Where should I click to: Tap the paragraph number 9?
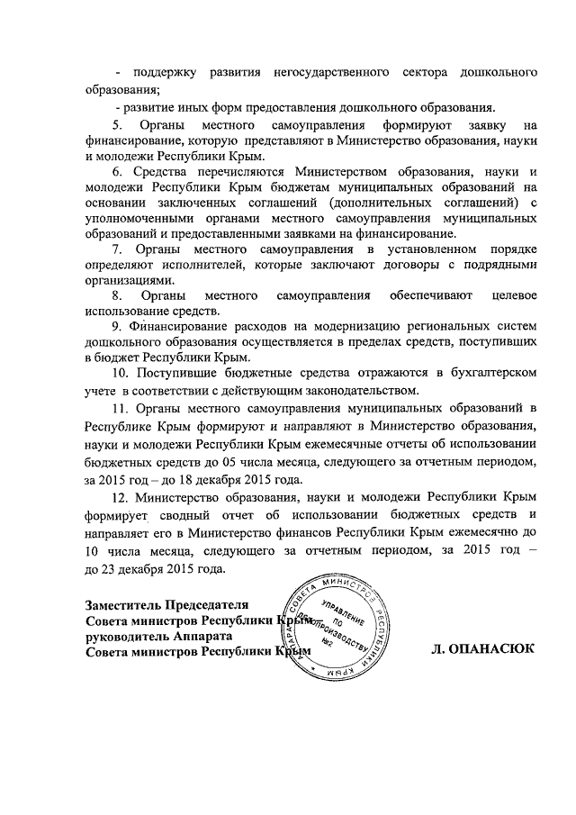click(116, 325)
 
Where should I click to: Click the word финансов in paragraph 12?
click(320, 533)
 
